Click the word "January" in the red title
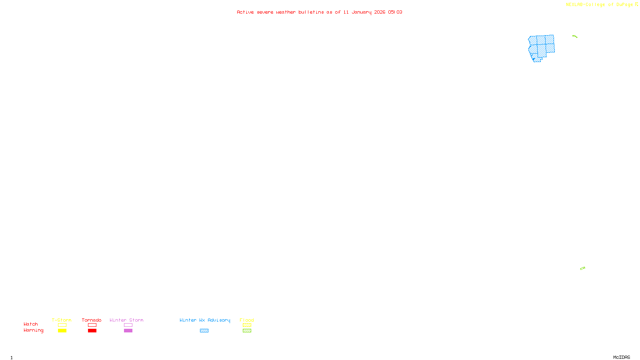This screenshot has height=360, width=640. pos(361,12)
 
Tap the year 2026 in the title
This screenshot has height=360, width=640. pos(380,12)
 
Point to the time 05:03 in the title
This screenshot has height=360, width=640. pos(395,12)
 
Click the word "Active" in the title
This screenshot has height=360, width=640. pos(245,12)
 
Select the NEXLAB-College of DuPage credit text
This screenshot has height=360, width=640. pos(599,4)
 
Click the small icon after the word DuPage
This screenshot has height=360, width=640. pos(636,4)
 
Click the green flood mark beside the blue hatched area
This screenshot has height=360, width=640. pos(575,36)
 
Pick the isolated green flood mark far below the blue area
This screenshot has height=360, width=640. pos(582,268)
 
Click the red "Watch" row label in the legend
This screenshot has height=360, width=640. pos(31,324)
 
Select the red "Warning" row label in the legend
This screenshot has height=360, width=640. pos(33,330)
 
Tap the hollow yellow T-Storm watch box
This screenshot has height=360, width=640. pos(62,325)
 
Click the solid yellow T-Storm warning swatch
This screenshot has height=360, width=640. pos(62,331)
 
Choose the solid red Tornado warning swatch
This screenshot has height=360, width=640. pos(92,331)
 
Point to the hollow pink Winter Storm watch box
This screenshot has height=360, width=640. pos(128,325)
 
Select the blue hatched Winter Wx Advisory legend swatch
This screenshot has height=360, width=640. pos(204,331)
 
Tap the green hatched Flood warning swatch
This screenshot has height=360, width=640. pos(247,331)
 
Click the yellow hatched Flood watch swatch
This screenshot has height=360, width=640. pos(247,325)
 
